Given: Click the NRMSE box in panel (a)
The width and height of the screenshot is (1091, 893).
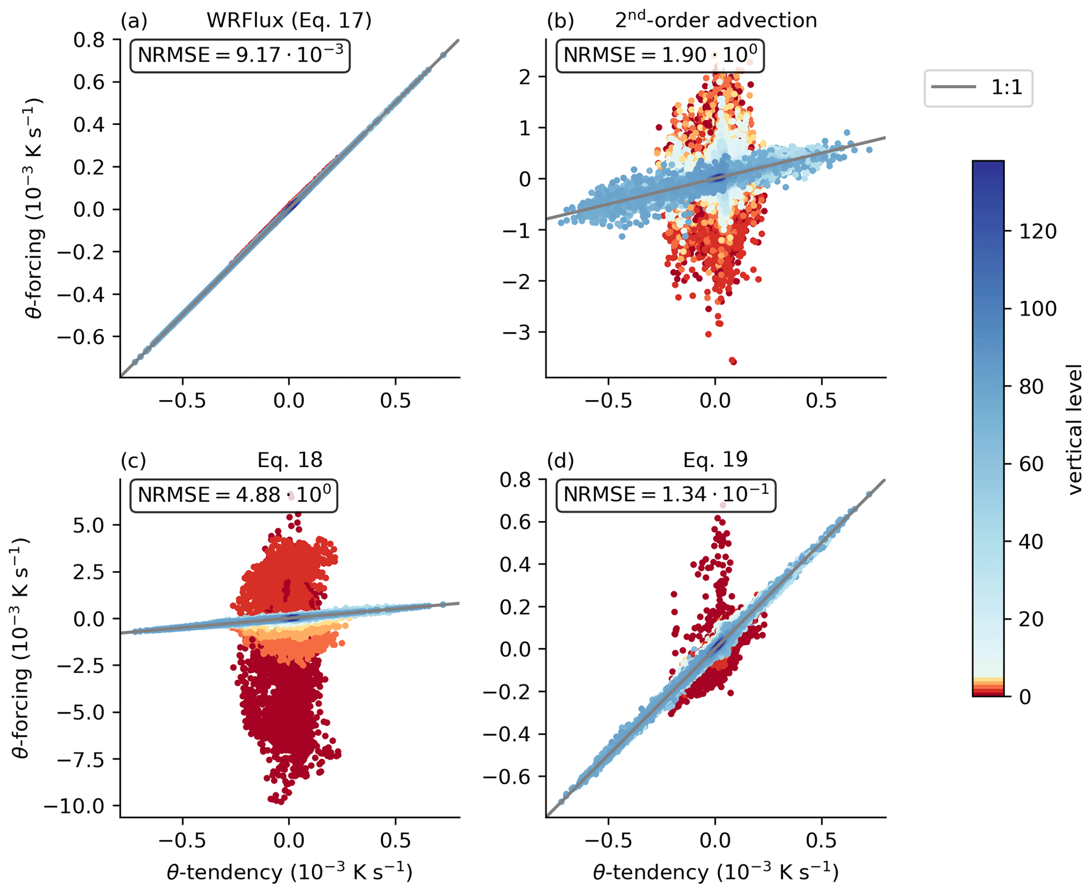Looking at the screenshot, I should (240, 55).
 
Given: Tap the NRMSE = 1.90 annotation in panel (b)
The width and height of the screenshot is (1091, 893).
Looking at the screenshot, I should (660, 55).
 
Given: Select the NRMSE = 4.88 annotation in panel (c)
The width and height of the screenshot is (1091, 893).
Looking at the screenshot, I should (234, 495).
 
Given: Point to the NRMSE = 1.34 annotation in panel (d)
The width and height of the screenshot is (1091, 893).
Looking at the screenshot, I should (666, 495).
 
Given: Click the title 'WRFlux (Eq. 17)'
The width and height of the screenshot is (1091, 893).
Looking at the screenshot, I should (289, 21).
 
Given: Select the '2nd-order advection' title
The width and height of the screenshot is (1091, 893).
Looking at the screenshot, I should (716, 21).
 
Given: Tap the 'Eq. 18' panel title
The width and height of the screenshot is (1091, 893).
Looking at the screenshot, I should (290, 460).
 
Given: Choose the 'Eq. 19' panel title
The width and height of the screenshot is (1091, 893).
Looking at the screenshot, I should (715, 460).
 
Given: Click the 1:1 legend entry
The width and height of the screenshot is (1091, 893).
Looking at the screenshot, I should (978, 88).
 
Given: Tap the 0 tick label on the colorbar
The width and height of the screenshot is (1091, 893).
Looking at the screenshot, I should (1024, 697).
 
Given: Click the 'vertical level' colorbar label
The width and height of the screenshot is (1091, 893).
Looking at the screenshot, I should (1074, 429).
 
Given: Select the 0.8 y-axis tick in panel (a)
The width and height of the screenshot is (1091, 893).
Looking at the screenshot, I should (89, 40).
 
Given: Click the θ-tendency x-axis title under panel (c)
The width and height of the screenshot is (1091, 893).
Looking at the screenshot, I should (289, 872).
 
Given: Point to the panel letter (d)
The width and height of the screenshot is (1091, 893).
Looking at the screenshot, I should (560, 460).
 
